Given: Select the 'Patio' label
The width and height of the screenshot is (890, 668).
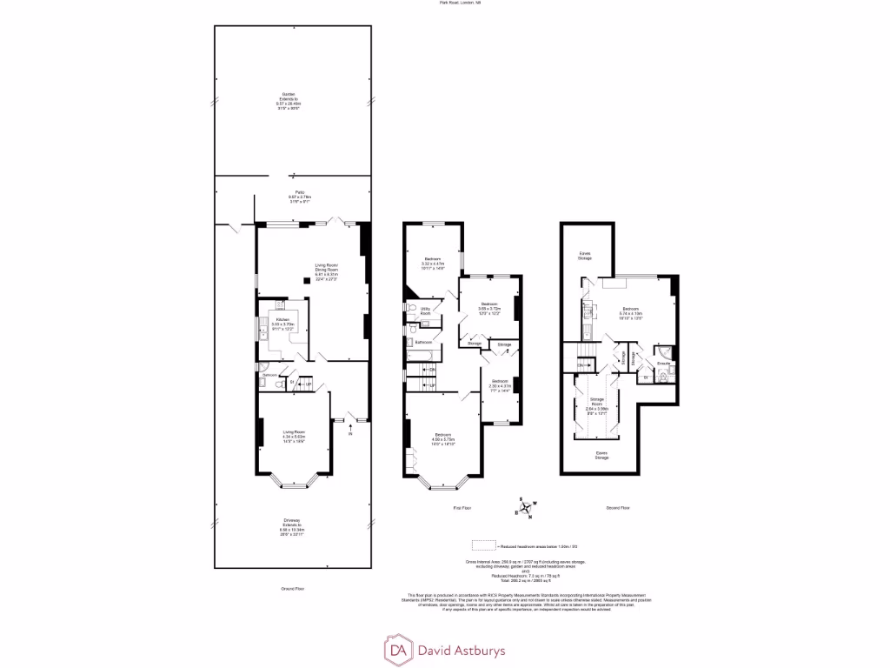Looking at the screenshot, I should (299, 193).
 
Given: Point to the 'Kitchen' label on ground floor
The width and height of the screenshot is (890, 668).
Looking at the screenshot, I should (282, 320).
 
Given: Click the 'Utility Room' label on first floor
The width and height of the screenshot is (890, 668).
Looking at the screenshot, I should (426, 311).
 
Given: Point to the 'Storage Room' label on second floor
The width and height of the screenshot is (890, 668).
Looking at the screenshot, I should (597, 400).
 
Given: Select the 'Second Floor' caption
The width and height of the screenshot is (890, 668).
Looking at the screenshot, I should (618, 507).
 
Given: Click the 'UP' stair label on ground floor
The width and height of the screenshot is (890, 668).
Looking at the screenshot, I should (308, 382).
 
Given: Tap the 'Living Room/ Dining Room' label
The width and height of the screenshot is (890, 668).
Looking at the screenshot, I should (326, 269).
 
